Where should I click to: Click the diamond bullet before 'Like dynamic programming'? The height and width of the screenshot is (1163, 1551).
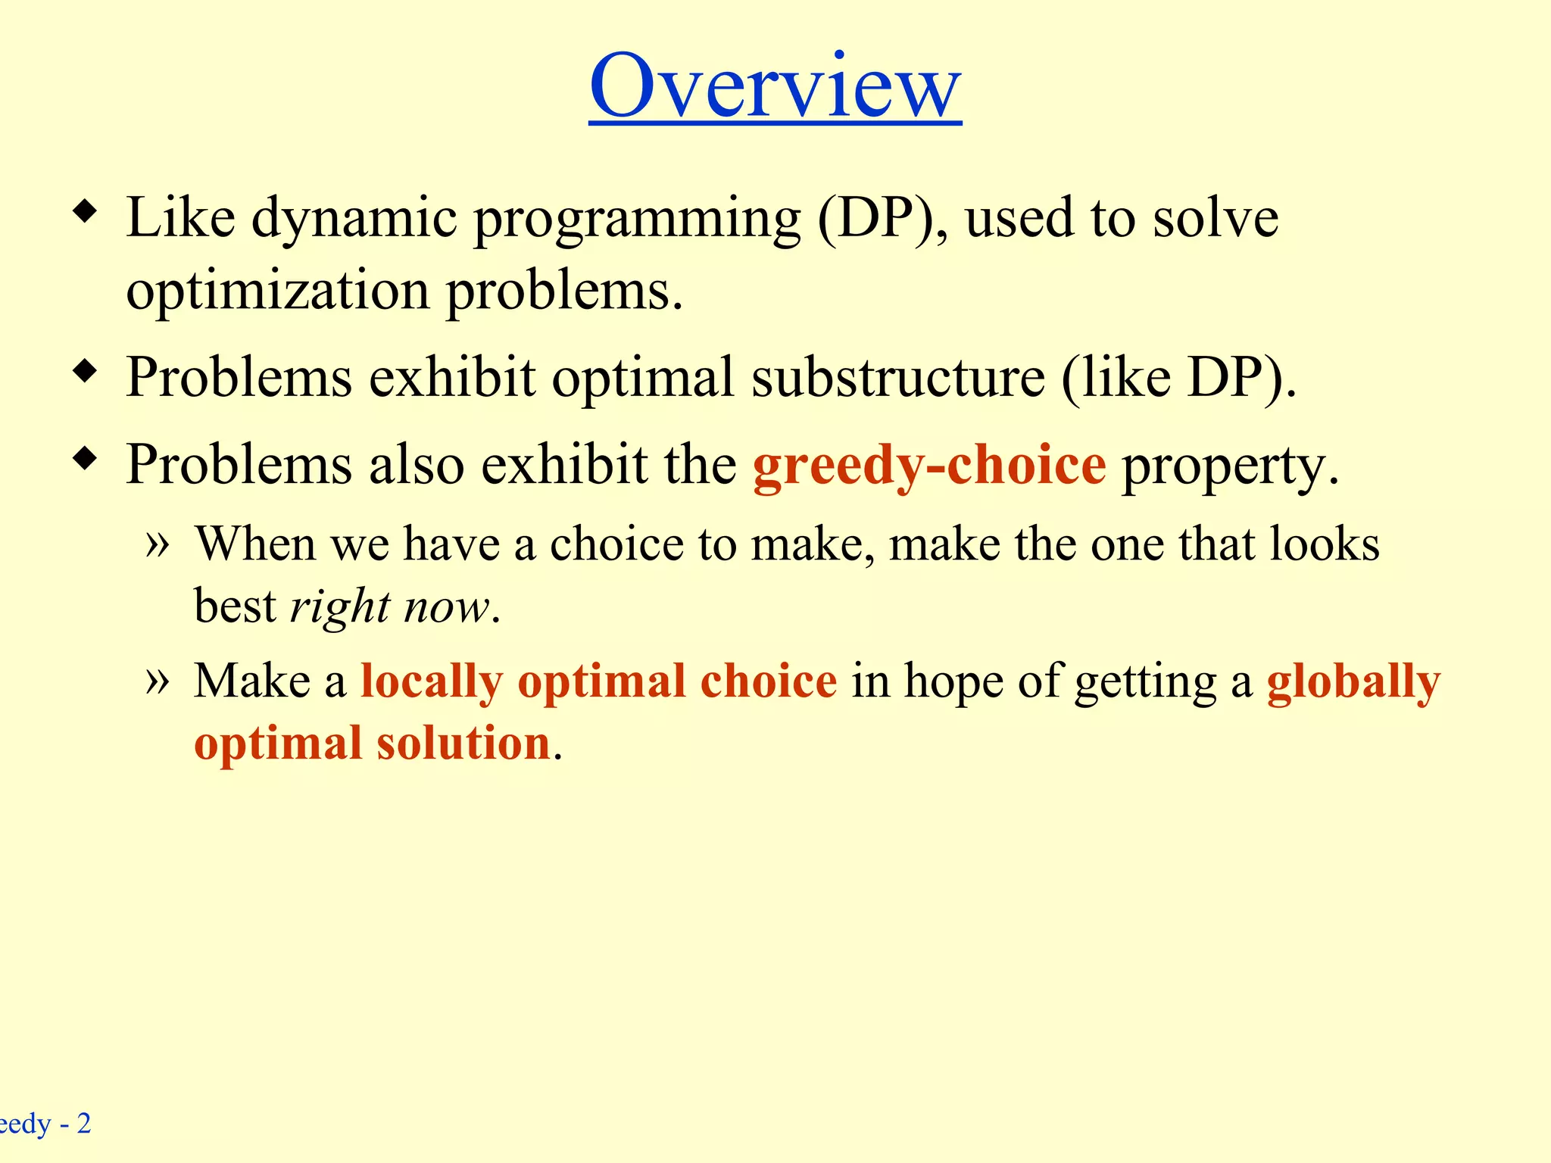point(86,211)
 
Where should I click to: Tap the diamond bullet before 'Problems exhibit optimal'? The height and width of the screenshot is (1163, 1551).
point(86,371)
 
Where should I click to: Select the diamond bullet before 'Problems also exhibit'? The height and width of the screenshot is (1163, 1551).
point(86,458)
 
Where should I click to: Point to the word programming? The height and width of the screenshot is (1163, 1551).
point(637,220)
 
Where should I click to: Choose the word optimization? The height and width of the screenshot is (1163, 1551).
point(277,292)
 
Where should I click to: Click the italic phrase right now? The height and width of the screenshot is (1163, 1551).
point(390,607)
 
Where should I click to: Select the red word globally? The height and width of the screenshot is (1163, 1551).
point(1353,681)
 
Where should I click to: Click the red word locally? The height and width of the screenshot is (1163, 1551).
point(431,681)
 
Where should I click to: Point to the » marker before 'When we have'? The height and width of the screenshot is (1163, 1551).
point(157,544)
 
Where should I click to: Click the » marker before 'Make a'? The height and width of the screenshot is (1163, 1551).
point(157,681)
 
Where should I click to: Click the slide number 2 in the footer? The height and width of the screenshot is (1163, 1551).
point(83,1123)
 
